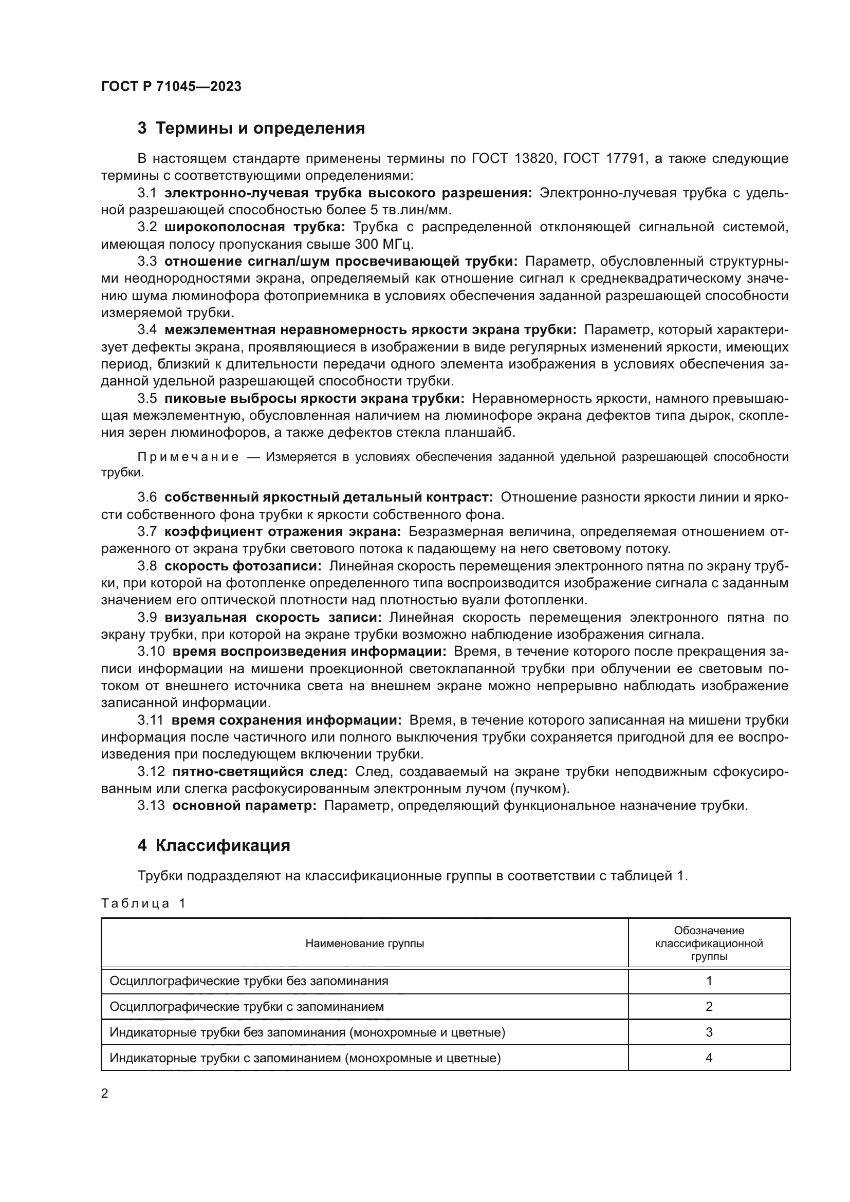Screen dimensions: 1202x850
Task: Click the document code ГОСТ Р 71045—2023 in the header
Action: (171, 86)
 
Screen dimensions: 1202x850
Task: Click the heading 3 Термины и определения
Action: (251, 128)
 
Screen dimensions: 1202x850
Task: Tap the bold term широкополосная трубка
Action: (254, 227)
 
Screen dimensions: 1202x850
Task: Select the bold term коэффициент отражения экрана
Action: (283, 531)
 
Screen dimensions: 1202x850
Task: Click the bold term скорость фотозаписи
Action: (243, 566)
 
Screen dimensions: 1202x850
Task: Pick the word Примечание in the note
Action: (188, 456)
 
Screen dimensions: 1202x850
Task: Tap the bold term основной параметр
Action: (245, 805)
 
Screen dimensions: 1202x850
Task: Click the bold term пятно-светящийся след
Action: (260, 771)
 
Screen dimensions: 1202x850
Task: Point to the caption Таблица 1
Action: (143, 903)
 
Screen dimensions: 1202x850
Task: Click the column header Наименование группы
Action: (364, 944)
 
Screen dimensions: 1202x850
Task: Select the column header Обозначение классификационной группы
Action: (709, 944)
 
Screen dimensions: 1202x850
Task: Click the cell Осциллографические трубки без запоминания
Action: (249, 981)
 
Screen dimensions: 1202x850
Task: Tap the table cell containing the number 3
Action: (709, 1032)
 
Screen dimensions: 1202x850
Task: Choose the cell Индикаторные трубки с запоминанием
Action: (305, 1058)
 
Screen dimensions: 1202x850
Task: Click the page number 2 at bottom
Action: (105, 1093)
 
